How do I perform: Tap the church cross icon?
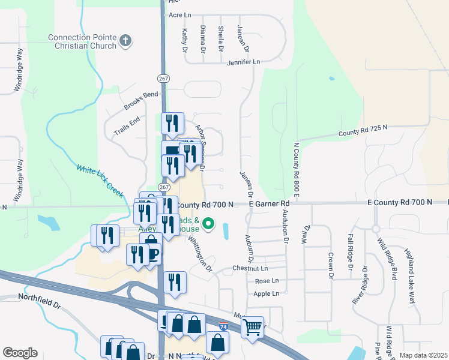pos(125,41)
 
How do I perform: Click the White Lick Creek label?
pos(100,178)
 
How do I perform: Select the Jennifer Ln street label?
pos(244,62)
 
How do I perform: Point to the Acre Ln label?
pos(179,14)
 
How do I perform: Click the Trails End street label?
pos(127,124)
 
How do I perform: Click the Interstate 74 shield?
pos(223,327)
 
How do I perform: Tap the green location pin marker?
pos(209,225)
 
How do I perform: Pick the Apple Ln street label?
pos(267,293)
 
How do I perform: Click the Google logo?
pos(20,353)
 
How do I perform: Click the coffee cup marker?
pos(152,253)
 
